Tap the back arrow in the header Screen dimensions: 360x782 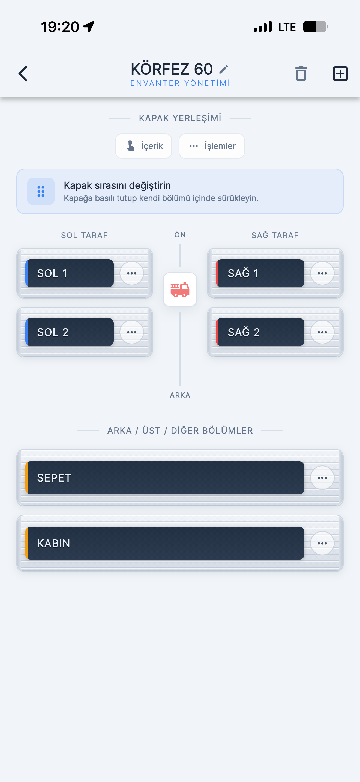[23, 73]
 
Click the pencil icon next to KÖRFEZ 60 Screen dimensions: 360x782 [223, 69]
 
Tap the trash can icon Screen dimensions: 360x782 [301, 73]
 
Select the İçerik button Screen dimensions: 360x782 [143, 146]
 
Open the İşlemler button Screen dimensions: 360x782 [212, 146]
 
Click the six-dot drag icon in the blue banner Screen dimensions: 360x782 [41, 191]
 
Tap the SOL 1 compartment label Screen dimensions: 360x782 [70, 273]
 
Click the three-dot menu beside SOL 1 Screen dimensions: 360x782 [132, 273]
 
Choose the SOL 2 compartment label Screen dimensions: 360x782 [70, 332]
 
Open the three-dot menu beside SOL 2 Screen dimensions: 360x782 [132, 332]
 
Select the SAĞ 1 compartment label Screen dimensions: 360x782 [260, 273]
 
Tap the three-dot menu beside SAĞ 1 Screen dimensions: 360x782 [322, 273]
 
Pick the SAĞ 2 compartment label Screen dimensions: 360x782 [260, 332]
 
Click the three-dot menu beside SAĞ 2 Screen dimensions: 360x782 [322, 332]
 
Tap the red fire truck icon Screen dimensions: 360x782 [180, 290]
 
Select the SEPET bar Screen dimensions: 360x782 [165, 478]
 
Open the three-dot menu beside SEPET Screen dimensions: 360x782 [322, 478]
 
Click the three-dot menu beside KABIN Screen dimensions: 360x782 [322, 543]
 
